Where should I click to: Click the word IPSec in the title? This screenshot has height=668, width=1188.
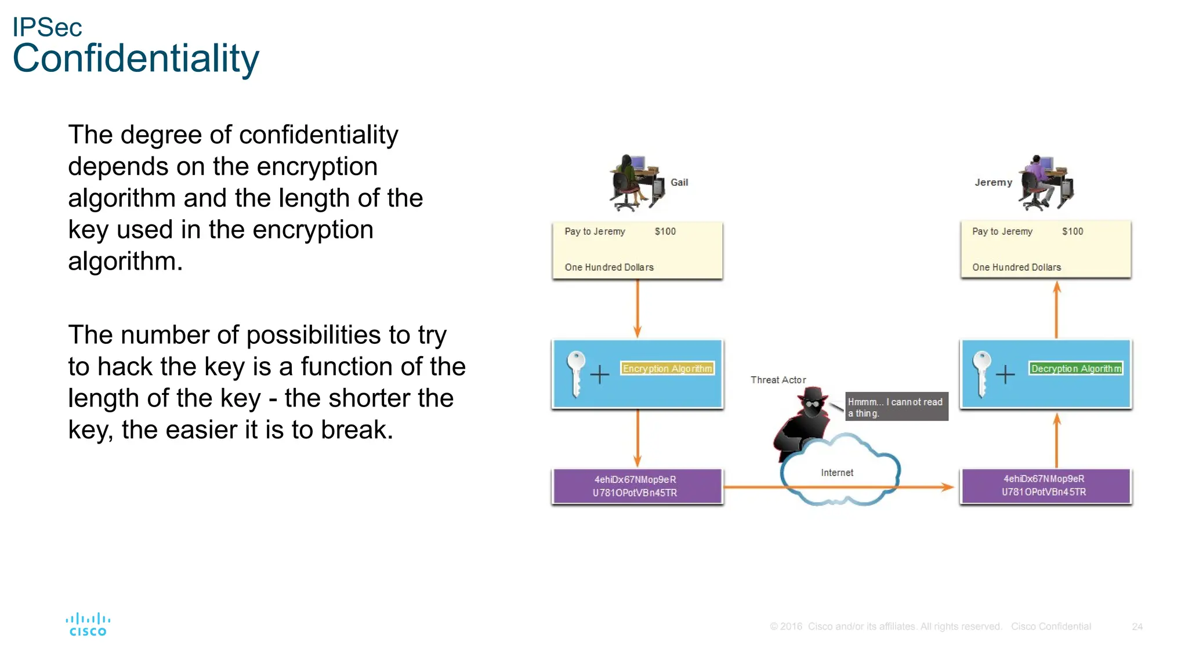[x=47, y=27]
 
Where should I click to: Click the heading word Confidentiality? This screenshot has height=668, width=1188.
[x=136, y=59]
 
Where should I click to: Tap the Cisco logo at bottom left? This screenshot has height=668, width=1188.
[x=88, y=625]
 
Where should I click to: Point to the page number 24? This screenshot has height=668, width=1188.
[x=1137, y=627]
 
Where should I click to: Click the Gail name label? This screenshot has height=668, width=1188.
[x=679, y=182]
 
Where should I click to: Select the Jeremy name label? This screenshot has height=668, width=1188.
[x=993, y=182]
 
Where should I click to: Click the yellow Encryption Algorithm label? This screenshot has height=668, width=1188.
[x=667, y=368]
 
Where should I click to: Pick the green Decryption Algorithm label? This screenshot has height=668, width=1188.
[x=1076, y=368]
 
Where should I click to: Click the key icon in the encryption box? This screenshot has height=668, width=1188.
[x=576, y=373]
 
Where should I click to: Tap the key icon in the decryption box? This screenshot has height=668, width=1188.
[x=981, y=373]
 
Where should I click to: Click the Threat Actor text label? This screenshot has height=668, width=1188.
[x=778, y=380]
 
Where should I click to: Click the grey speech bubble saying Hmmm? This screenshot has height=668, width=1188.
[x=896, y=406]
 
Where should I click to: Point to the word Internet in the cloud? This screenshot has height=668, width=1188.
[x=837, y=473]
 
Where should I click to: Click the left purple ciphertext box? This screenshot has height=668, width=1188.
[x=637, y=486]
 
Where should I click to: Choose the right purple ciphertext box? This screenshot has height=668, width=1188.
[x=1045, y=486]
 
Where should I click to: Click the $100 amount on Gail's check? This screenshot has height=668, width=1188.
[x=665, y=231]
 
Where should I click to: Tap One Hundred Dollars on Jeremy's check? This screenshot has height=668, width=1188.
[x=1016, y=267]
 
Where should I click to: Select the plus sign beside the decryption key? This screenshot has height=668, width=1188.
[x=1005, y=375]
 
